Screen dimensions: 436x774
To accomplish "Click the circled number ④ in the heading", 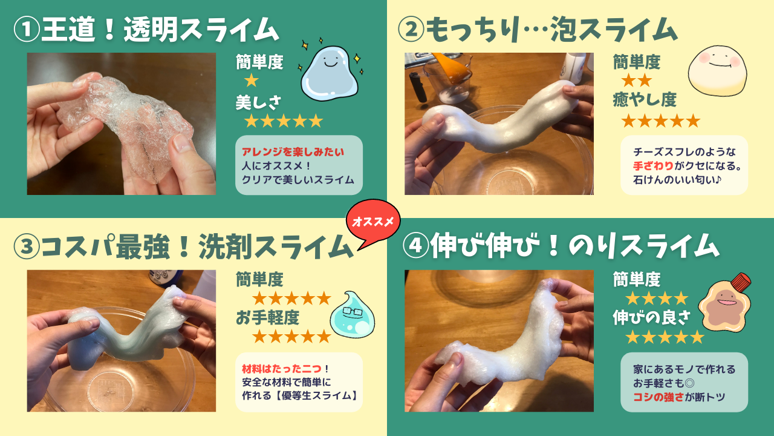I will [415, 246].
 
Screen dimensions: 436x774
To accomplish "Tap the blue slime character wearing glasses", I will [352, 315].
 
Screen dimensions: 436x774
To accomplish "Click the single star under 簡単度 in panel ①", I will [251, 81].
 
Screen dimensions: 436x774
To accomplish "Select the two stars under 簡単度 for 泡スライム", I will [636, 81].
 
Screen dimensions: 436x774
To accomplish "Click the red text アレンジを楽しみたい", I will [293, 152].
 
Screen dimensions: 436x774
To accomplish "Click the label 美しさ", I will [258, 102].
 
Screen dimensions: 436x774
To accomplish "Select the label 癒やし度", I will [645, 99].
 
